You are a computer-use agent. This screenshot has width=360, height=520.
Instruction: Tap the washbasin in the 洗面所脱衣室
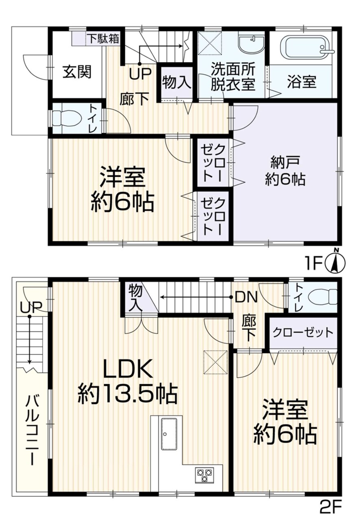pyautogui.click(x=251, y=44)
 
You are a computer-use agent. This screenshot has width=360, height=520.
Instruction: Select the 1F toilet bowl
pyautogui.click(x=67, y=118)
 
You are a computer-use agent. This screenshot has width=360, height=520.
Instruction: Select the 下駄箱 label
pyautogui.click(x=103, y=39)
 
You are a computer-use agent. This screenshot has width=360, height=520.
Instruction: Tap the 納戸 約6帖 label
pyautogui.click(x=285, y=171)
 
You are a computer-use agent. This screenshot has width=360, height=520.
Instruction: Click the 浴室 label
pyautogui.click(x=302, y=82)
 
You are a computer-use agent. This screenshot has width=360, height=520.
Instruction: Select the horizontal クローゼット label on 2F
pyautogui.click(x=303, y=333)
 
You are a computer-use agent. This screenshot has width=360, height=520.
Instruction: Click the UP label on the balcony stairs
pyautogui.click(x=31, y=307)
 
